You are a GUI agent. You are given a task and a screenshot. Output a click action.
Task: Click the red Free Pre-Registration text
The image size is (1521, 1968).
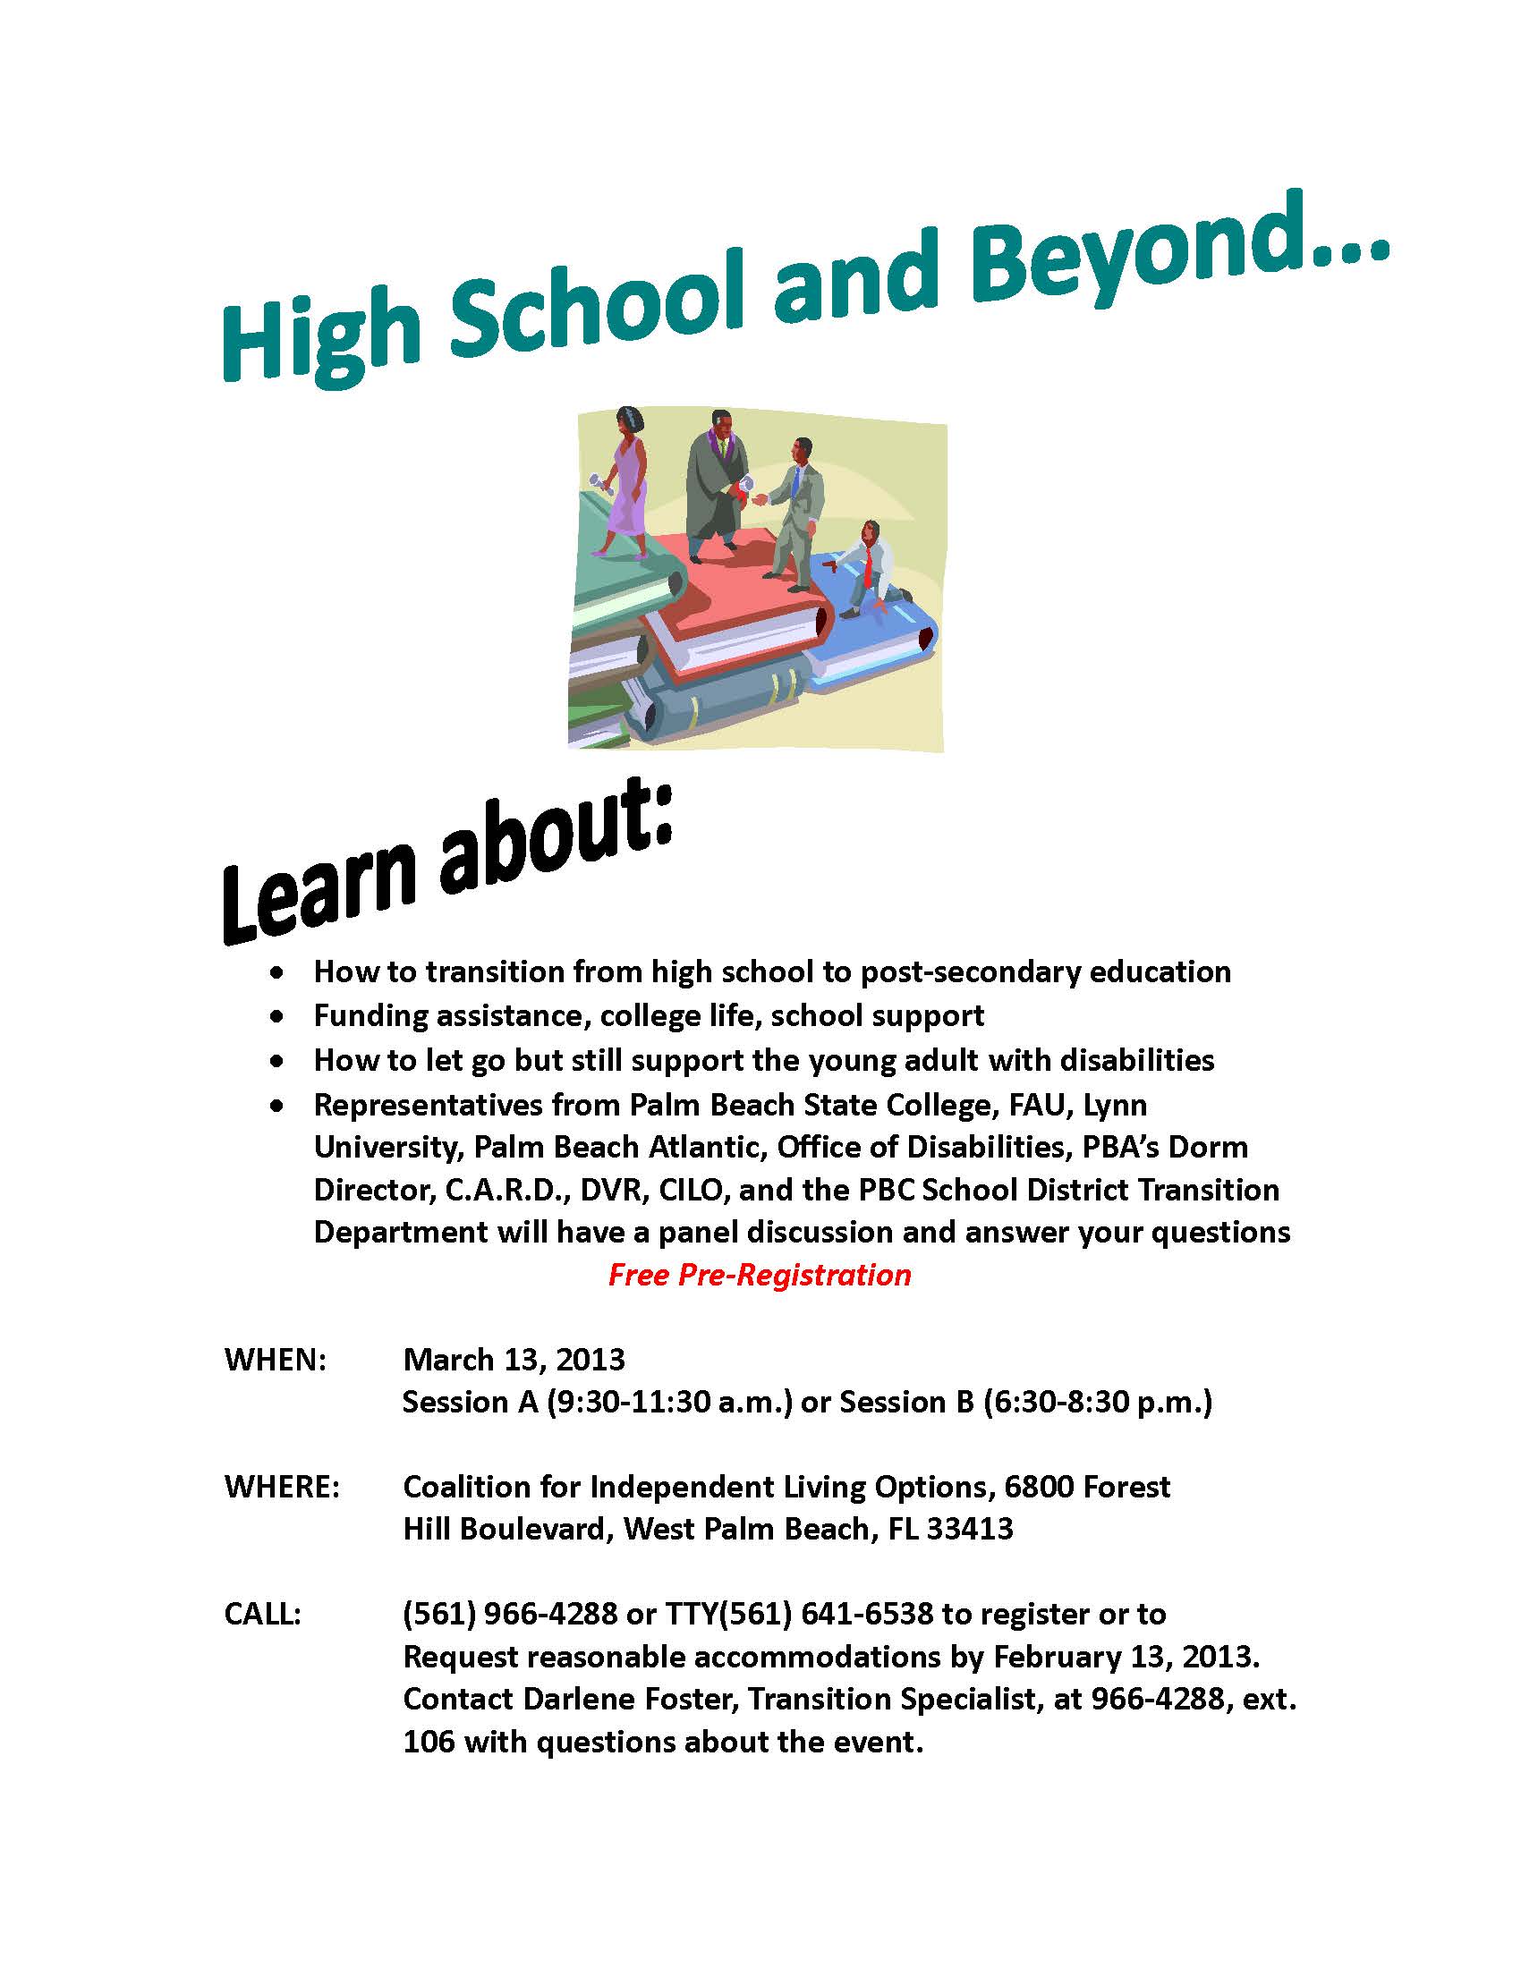point(760,1275)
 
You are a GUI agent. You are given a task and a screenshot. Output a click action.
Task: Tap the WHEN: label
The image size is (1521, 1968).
point(275,1359)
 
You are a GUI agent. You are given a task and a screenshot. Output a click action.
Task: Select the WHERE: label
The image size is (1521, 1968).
point(282,1486)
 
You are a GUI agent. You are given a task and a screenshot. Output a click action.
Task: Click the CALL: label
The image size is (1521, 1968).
point(262,1613)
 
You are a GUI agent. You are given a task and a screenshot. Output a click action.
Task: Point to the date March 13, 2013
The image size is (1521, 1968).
point(514,1359)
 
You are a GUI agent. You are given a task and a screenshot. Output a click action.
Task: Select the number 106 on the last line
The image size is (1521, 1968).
point(428,1742)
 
